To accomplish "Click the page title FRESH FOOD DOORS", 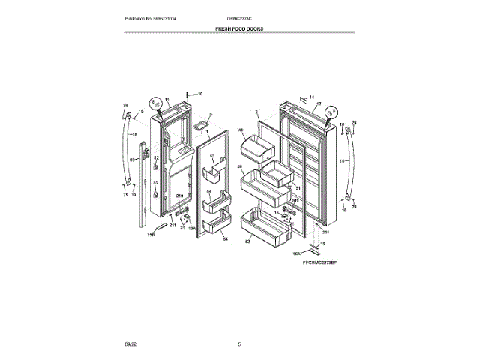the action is (239, 28).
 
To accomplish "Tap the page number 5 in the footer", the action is (239, 344).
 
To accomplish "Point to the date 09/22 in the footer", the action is (130, 344).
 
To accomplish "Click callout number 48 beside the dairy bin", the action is (241, 131).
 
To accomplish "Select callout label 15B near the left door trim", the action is (150, 235).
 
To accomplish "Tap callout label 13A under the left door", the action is (191, 228).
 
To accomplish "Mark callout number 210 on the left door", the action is (179, 196).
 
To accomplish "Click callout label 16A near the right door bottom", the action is (297, 253).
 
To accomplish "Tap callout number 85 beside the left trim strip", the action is (133, 160).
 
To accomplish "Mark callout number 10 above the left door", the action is (200, 94).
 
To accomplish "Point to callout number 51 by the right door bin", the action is (298, 187).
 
